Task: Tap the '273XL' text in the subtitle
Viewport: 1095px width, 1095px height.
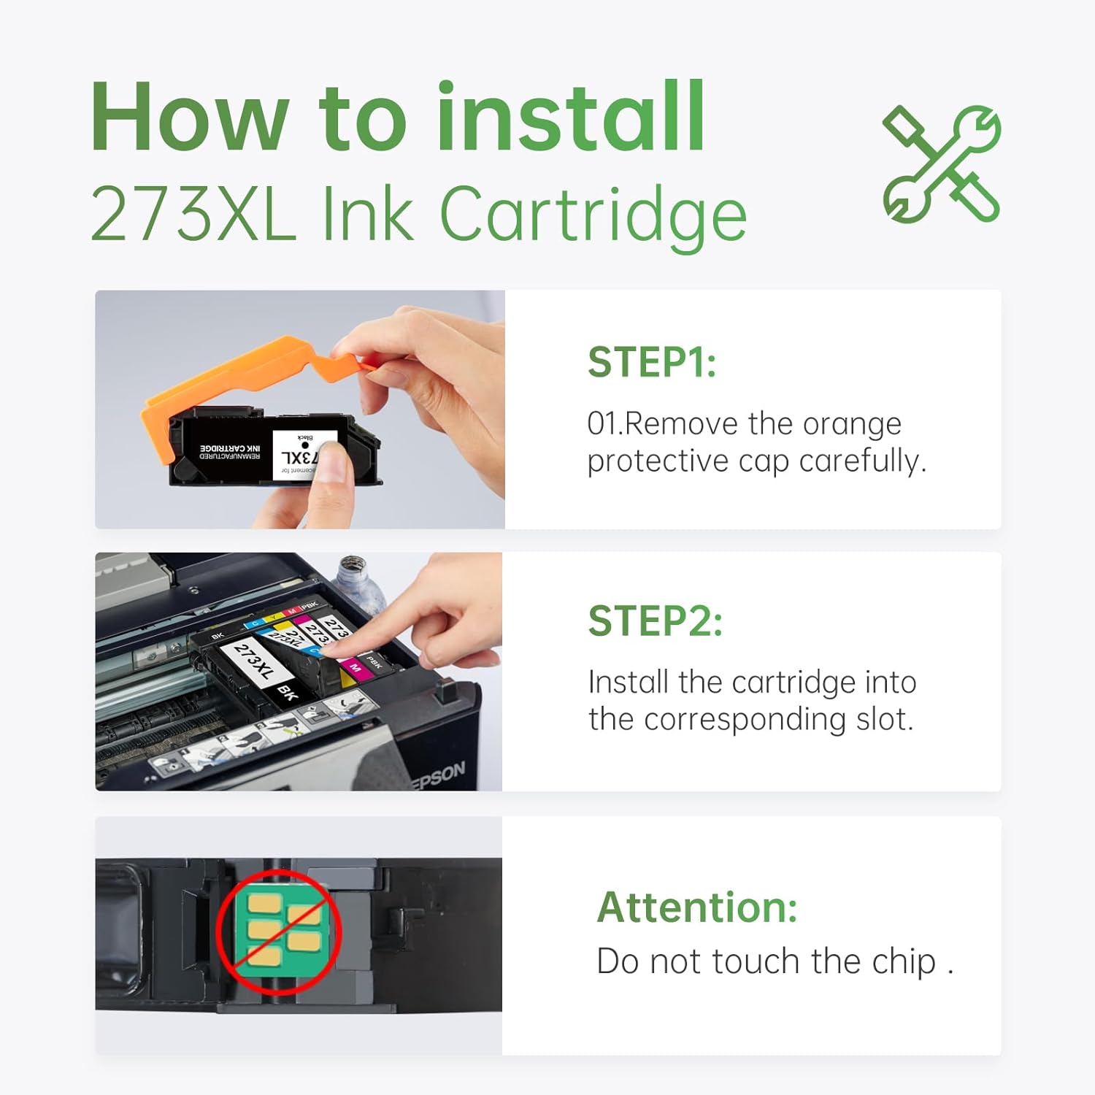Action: point(193,215)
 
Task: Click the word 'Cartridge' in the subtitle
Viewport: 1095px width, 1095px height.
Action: point(593,215)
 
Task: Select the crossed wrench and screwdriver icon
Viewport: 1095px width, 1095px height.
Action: point(941,164)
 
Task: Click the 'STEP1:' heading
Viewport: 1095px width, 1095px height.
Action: point(652,362)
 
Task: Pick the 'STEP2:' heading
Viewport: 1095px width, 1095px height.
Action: point(655,621)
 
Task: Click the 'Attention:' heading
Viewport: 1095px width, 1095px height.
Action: point(697,907)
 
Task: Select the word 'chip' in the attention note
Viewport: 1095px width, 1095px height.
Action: point(904,961)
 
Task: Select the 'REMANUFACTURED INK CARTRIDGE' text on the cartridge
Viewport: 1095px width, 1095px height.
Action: point(230,452)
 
